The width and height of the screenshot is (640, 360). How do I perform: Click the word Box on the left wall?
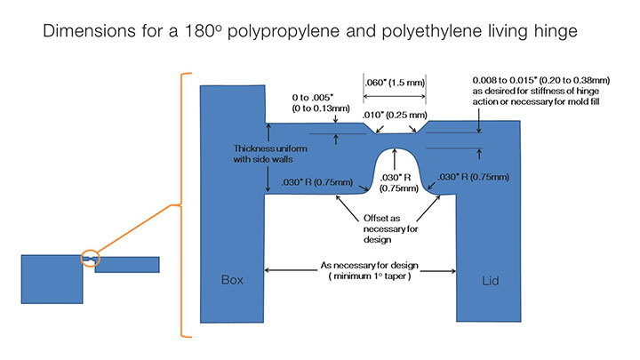(232, 281)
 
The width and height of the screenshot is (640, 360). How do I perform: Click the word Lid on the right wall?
(489, 282)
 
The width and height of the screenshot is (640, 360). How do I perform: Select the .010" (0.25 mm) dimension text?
(398, 116)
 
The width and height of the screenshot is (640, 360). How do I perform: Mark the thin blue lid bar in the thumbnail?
(127, 264)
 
